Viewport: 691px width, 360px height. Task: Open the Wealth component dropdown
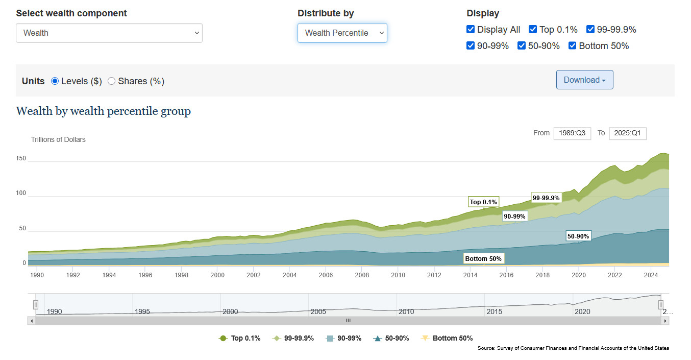click(x=109, y=33)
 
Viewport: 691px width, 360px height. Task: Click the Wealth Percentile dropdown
click(x=342, y=33)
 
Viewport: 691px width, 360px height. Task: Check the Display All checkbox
click(x=471, y=30)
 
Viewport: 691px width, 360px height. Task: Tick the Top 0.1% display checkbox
click(x=533, y=30)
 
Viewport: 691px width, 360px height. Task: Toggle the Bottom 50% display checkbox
click(x=573, y=46)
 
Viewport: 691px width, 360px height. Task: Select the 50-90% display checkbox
click(x=522, y=46)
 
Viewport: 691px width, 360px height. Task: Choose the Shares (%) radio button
click(x=112, y=81)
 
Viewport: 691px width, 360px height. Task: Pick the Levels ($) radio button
click(x=55, y=81)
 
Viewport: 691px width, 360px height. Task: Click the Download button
click(x=584, y=80)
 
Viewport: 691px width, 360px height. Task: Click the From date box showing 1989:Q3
click(x=572, y=133)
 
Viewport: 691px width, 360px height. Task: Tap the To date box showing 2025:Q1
click(x=628, y=133)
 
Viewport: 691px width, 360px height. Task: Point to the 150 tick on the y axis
click(x=21, y=159)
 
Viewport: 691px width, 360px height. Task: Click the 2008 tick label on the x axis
click(x=362, y=275)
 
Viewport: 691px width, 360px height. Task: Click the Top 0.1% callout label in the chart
click(x=483, y=202)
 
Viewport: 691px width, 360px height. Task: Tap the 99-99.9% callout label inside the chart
click(x=546, y=198)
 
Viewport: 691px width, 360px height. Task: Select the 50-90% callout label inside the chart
click(x=578, y=236)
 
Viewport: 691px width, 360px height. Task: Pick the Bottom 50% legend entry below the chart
click(x=447, y=339)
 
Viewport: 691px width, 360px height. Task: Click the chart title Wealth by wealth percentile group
click(x=104, y=111)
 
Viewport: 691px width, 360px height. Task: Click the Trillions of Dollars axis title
click(x=58, y=139)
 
